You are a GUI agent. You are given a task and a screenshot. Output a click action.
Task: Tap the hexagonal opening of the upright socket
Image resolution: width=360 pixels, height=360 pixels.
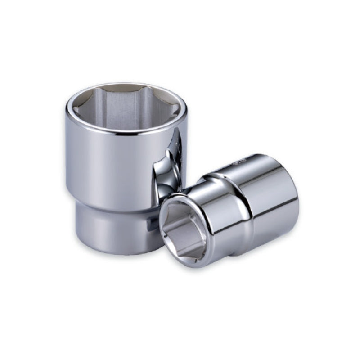[126, 108]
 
